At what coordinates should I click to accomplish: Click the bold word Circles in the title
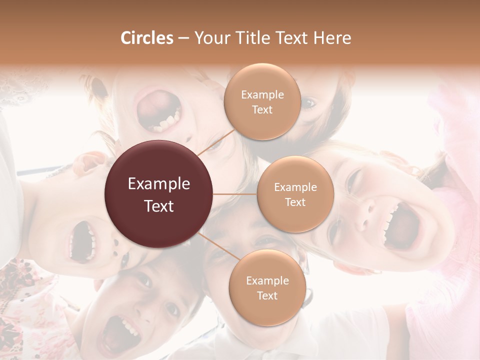(146, 38)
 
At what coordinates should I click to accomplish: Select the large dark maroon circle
(159, 194)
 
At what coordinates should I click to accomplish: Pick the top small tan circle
(262, 102)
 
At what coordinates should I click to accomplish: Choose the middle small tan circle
(295, 194)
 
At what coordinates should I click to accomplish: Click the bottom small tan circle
(267, 288)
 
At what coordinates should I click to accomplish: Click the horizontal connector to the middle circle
(235, 194)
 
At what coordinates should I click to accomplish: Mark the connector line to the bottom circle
(216, 246)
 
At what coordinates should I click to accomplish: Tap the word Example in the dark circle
(159, 184)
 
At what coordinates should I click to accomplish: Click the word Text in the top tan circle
(262, 109)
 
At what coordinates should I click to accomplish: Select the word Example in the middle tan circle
(295, 187)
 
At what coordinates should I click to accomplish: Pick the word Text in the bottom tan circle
(267, 295)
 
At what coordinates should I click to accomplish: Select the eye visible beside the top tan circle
(310, 103)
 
